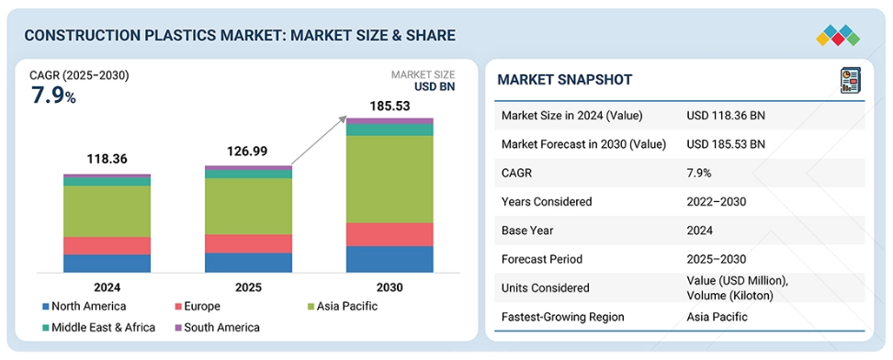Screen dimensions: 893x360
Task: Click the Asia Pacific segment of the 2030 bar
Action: click(x=390, y=179)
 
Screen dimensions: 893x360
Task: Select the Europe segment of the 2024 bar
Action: click(x=107, y=245)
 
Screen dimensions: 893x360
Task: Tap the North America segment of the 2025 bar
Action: click(x=248, y=263)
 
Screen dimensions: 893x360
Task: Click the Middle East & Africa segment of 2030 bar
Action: click(x=390, y=129)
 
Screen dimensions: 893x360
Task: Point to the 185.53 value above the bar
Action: click(x=390, y=106)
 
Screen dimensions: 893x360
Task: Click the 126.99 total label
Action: click(x=246, y=152)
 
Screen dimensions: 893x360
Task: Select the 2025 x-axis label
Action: click(x=248, y=287)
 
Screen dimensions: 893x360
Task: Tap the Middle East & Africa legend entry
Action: click(x=98, y=328)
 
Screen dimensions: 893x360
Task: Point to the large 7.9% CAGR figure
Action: click(x=53, y=96)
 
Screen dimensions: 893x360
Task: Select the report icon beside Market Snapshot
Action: click(x=851, y=80)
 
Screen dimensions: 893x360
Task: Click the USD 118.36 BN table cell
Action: click(x=726, y=116)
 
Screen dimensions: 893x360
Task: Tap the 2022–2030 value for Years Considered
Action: click(x=717, y=202)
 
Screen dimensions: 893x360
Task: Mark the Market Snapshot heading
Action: click(x=564, y=80)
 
